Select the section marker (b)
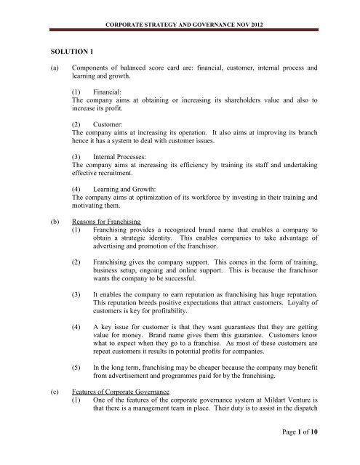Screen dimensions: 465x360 pos(53,221)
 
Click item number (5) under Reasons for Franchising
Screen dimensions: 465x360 pos(78,369)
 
